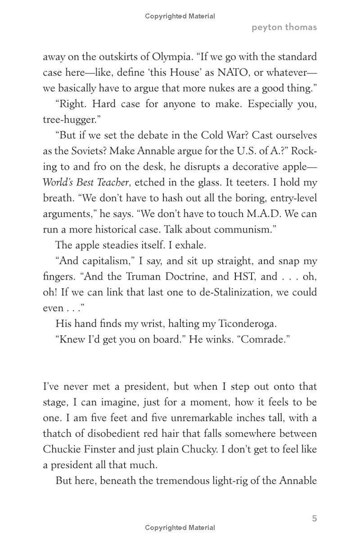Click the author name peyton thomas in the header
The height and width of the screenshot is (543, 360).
pos(284,27)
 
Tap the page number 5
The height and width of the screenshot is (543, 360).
pos(315,518)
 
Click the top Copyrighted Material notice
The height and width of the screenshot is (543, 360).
pos(180,16)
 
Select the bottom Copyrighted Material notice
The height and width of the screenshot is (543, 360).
pos(180,528)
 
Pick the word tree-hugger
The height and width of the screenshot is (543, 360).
pos(70,120)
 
